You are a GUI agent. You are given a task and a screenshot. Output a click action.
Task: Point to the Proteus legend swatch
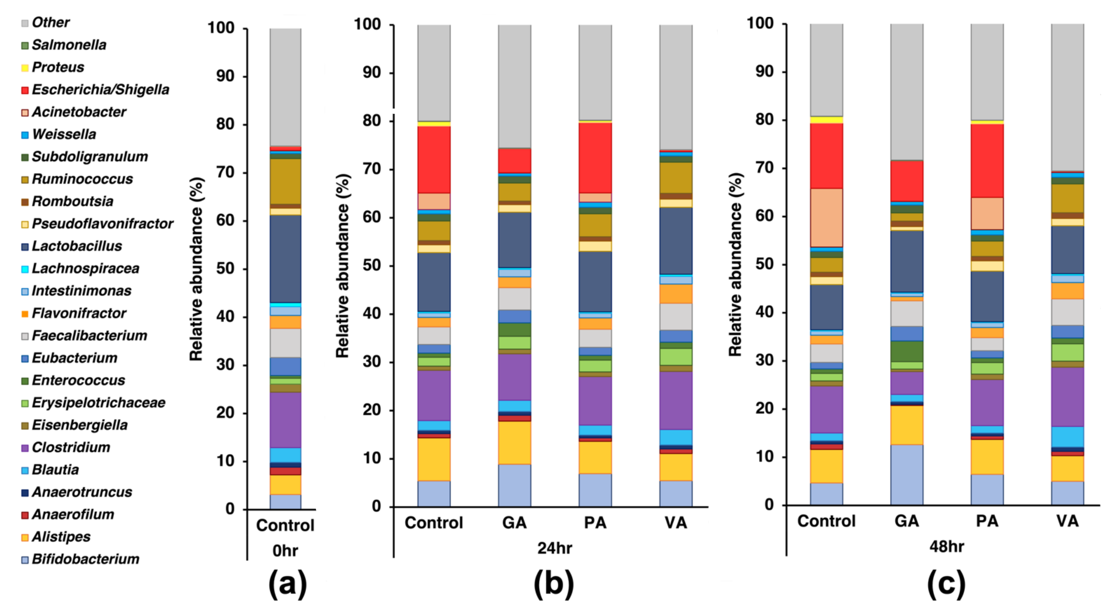25,68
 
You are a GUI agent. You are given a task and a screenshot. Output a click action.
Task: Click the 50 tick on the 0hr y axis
225,269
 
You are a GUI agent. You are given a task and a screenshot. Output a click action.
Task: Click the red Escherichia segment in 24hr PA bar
595,157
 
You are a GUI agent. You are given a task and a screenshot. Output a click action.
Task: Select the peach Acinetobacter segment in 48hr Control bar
826,217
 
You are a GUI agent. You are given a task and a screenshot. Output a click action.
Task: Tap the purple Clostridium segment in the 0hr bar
285,420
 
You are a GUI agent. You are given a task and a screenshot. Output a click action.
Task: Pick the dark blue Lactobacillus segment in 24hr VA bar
676,241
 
